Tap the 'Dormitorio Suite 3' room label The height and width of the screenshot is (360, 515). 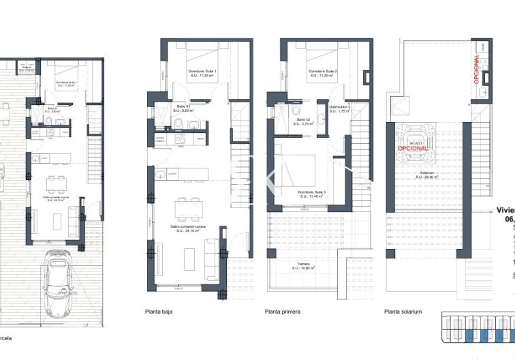(x=312, y=194)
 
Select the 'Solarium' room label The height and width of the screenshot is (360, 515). (x=428, y=174)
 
